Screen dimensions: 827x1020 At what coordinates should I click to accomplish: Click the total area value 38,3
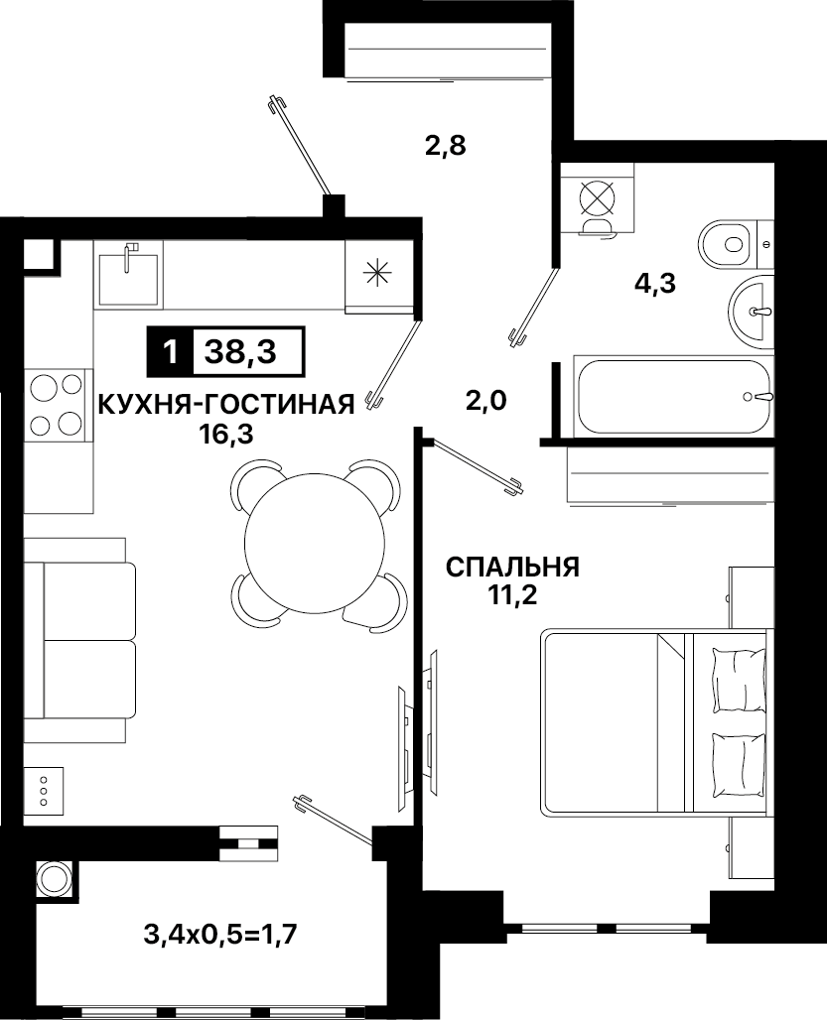240,352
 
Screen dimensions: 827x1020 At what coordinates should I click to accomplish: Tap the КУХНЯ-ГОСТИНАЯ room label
226,405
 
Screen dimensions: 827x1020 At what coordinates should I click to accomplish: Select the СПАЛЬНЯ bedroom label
512,568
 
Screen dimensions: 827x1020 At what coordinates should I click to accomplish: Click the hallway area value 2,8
446,145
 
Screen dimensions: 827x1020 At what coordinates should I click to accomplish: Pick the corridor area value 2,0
485,401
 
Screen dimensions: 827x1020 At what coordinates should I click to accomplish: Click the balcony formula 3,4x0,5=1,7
220,936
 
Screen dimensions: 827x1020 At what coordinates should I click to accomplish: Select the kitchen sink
127,276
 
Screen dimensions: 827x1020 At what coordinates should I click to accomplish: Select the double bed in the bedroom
657,722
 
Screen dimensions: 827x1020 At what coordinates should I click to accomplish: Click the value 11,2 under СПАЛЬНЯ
513,595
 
